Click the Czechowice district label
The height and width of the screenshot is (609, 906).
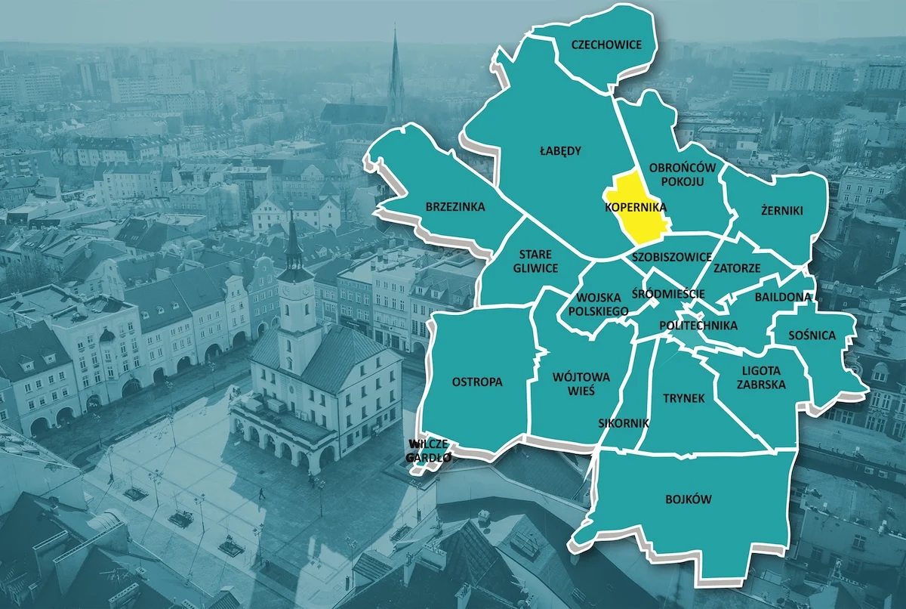point(606,45)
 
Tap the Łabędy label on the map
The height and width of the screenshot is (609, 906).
point(560,150)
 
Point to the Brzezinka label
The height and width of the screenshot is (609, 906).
point(455,206)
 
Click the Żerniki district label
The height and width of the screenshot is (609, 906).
point(782,211)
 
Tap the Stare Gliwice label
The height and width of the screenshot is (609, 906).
point(535,261)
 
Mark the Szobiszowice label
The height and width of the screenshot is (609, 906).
point(671,257)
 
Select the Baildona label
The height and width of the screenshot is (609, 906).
point(782,297)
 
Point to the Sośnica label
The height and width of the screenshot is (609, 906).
point(812,335)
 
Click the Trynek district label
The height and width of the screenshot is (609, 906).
point(683,397)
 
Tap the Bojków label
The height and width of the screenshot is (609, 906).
point(689,499)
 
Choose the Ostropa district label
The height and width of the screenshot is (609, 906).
point(477,382)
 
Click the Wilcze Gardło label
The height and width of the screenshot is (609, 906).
point(428,451)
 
